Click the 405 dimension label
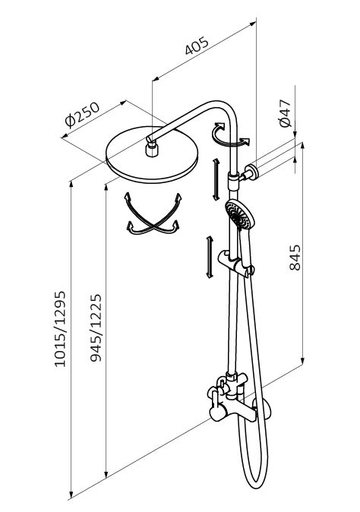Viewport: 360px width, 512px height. [x=196, y=46]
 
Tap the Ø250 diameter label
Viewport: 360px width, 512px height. [x=82, y=114]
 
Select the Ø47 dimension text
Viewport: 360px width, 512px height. [x=285, y=113]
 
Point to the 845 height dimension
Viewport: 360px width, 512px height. [x=295, y=258]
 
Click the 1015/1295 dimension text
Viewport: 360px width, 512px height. [x=60, y=329]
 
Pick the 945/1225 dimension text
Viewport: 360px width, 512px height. [x=96, y=328]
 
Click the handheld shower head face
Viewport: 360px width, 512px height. [x=238, y=214]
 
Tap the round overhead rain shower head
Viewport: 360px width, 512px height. [x=152, y=154]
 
